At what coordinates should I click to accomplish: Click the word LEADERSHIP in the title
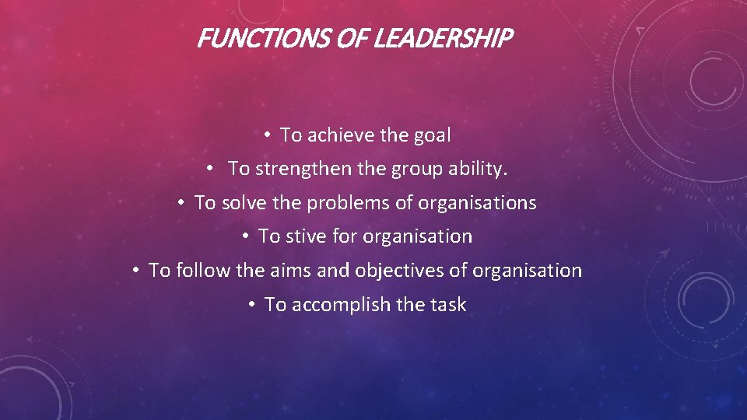[443, 38]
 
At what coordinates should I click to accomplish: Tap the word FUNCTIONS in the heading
[265, 38]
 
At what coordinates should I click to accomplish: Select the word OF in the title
[352, 38]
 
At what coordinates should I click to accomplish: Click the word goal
[432, 135]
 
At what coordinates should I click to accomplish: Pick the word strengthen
[303, 169]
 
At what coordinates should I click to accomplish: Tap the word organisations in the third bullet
[477, 203]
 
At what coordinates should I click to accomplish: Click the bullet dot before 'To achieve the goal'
[267, 135]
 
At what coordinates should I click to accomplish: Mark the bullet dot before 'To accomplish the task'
[252, 304]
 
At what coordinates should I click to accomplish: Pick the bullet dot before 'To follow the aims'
[136, 271]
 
